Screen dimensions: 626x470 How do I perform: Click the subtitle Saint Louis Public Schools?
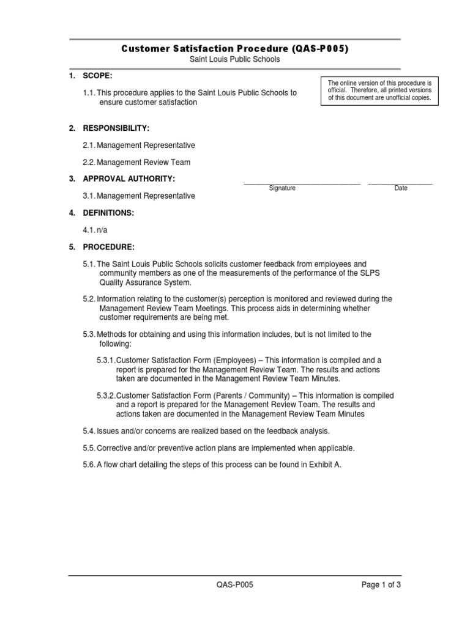[x=235, y=59]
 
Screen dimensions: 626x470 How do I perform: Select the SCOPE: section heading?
[x=98, y=76]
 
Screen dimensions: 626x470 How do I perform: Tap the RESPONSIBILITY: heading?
[x=116, y=128]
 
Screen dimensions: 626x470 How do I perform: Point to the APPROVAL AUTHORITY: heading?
[x=129, y=179]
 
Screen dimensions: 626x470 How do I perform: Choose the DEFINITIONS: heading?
[x=108, y=213]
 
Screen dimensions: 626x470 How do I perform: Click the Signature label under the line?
[x=282, y=188]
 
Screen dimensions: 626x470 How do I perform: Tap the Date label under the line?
[x=401, y=188]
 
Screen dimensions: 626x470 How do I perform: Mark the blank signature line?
[x=302, y=183]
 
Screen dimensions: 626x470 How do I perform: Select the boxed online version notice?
[x=380, y=90]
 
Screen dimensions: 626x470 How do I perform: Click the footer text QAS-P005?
[x=234, y=584]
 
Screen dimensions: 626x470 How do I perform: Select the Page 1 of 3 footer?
[x=381, y=584]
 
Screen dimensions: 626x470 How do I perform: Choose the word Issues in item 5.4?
[x=108, y=431]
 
